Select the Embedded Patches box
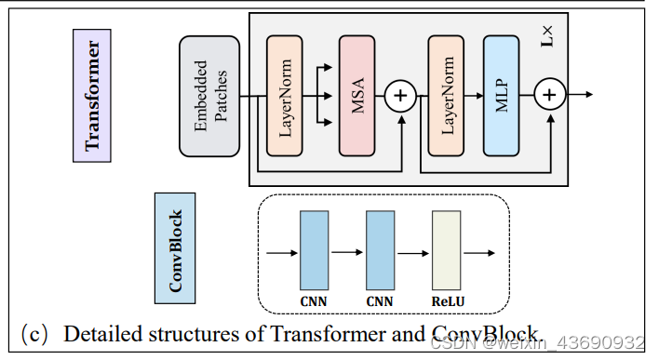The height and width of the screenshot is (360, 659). coord(209,96)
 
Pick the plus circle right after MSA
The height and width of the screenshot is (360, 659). coord(402,96)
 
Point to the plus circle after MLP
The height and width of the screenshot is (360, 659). coord(550,95)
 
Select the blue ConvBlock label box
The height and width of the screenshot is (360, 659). coord(174,248)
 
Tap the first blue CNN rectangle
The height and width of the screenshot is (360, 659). coord(315,249)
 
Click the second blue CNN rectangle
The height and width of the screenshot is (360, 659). coord(381,249)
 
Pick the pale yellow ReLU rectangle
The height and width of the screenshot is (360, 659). coord(447,249)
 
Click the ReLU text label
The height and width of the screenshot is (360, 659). coord(448,301)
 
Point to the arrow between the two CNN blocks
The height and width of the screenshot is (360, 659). coord(347,251)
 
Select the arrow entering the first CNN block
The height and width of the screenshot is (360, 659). coord(281,251)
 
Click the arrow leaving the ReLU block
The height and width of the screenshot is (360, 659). coord(479,251)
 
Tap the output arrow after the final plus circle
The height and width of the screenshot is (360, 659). coord(581,95)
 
